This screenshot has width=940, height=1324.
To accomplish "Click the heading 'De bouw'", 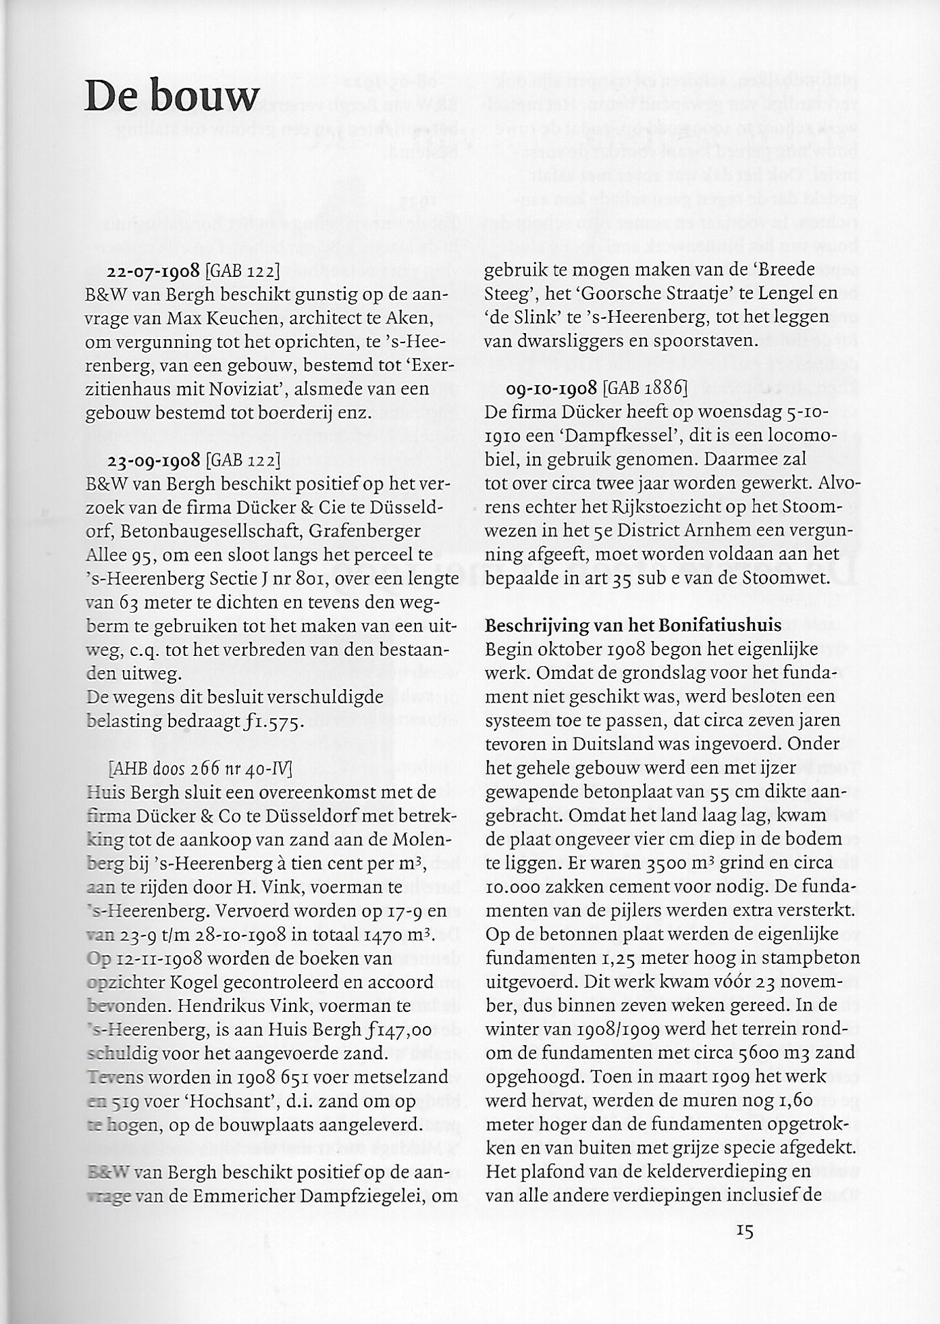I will coord(172,96).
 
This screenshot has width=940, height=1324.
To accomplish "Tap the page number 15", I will coord(744,1231).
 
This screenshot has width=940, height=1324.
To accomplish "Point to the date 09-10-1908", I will coord(552,388).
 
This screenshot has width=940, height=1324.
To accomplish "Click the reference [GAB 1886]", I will coord(645,388).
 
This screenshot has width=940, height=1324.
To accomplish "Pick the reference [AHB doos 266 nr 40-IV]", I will coord(200,768).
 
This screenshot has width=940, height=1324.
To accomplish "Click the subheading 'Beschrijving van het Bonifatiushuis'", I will coord(633,625).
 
